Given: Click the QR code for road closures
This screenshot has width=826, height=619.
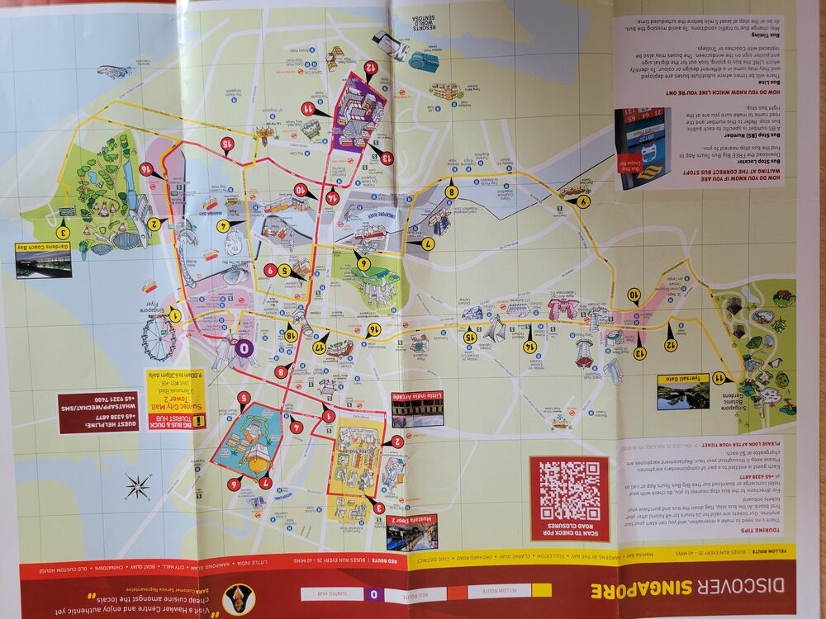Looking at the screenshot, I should click(569, 489).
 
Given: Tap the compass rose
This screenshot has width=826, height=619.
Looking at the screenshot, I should click(137, 487).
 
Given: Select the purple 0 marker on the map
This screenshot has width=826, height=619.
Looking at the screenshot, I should click(244, 347).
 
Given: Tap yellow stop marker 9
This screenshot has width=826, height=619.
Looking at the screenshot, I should click(584, 201).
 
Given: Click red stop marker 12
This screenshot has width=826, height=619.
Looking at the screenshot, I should click(372, 68).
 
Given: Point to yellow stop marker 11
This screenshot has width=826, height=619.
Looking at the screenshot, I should click(719, 377).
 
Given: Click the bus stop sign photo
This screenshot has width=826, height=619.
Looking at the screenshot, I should click(643, 148).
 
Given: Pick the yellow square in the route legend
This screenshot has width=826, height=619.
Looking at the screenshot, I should click(542, 590).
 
